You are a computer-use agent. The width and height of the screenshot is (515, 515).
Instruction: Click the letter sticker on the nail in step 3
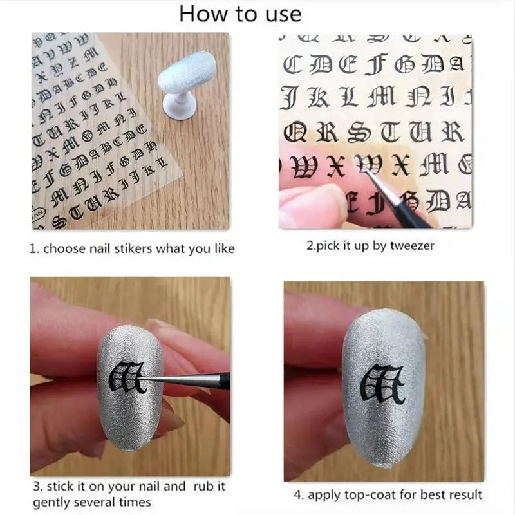(x=128, y=378)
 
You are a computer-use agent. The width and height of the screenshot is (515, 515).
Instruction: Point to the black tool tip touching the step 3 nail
(x=153, y=380)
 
